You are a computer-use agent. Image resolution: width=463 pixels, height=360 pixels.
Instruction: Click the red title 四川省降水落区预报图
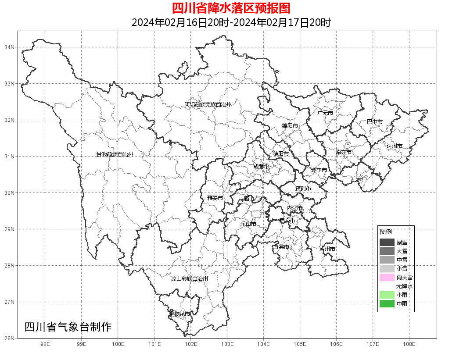tap(231, 8)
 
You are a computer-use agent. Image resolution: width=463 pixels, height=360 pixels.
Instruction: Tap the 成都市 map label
tap(261, 167)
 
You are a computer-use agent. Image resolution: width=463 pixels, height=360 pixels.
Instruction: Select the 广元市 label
tap(325, 113)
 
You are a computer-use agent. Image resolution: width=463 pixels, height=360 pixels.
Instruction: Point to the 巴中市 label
tap(375, 122)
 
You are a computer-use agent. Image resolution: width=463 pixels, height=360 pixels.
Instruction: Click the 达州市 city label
tap(394, 146)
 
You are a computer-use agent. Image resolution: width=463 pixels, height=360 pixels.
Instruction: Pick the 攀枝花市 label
tap(180, 314)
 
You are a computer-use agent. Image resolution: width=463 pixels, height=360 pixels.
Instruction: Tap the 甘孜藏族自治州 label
tap(115, 155)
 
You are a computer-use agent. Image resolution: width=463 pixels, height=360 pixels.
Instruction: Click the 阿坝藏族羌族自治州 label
tap(208, 105)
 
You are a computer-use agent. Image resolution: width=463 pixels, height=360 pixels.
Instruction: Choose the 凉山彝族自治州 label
tap(190, 279)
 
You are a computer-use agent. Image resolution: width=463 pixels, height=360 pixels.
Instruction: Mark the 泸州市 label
tap(327, 249)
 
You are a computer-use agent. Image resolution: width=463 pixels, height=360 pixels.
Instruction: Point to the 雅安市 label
tap(215, 198)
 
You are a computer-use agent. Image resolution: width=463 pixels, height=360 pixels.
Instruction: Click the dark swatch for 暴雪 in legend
tap(387, 242)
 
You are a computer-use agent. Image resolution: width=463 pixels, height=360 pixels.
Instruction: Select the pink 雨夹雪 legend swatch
tap(387, 277)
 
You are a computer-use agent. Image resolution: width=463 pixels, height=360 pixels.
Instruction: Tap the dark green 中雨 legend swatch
tap(387, 303)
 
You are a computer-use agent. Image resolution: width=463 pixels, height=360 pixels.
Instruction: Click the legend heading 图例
tap(386, 232)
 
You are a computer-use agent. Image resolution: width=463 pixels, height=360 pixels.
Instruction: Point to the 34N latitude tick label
tap(10, 47)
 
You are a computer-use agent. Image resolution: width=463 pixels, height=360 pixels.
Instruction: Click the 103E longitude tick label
tap(227, 344)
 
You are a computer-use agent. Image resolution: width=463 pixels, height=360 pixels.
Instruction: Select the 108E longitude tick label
tap(409, 344)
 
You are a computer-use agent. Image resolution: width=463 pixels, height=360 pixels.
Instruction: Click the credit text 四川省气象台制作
tap(68, 327)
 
